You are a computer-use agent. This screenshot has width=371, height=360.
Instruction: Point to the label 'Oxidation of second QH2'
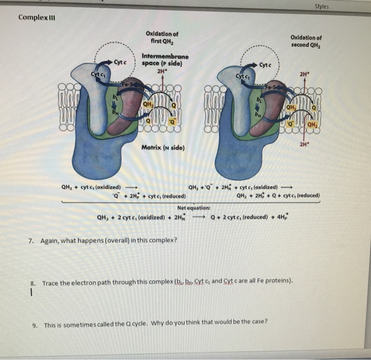tap(306, 41)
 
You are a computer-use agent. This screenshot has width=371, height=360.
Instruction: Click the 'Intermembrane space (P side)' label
tap(165, 59)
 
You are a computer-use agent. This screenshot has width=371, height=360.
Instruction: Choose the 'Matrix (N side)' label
tap(162, 146)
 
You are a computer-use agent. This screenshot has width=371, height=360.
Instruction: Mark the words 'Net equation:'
tap(194, 208)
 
